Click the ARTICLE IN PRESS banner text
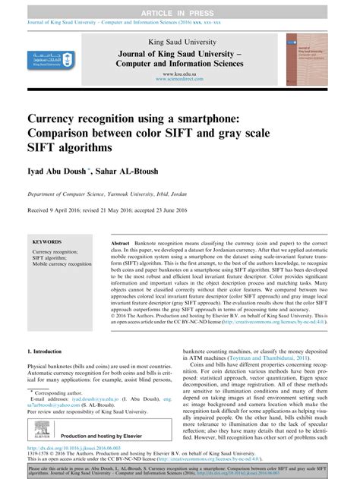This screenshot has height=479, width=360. tap(180, 7)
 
